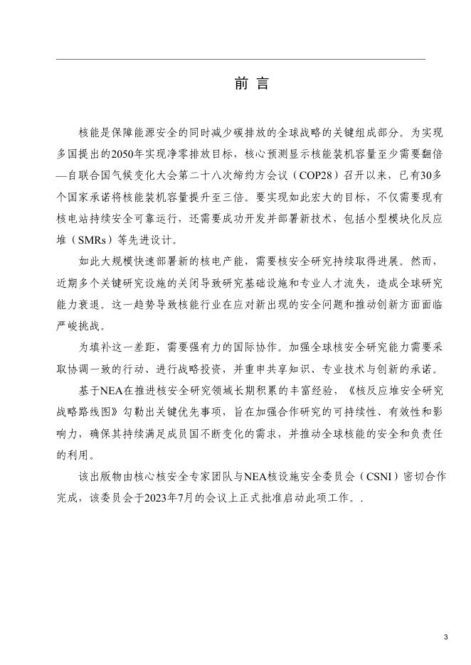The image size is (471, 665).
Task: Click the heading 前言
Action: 251,85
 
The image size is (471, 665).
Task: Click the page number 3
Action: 445,637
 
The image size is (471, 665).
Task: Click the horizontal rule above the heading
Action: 240,59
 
